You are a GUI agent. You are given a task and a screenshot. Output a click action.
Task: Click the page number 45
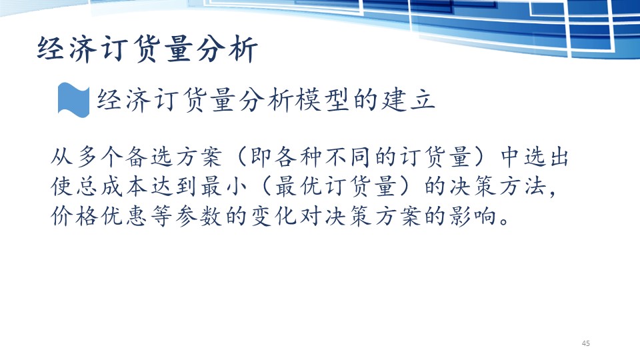point(586,343)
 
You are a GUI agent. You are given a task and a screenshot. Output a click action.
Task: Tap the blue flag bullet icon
point(73,100)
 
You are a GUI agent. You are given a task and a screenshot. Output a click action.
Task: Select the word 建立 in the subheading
point(407,100)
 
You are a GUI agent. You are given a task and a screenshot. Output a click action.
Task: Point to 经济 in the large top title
point(66,49)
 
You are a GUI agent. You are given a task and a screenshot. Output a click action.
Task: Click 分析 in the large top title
point(227,49)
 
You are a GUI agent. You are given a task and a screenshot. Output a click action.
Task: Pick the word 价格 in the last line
point(74,216)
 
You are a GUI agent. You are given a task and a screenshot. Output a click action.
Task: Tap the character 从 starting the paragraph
point(62,157)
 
